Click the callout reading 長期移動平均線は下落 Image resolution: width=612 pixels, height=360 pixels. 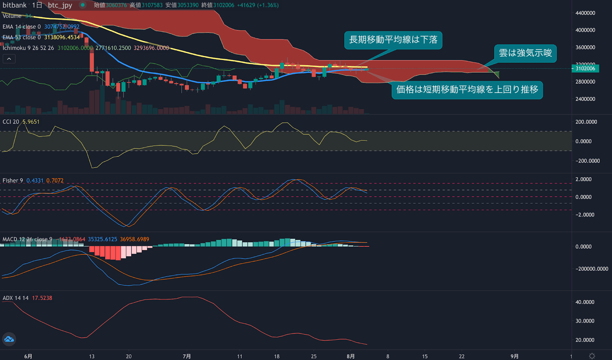(393, 40)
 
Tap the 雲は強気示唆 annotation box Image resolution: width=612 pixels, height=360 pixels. (525, 53)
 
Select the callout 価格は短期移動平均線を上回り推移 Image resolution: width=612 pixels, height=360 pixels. (467, 90)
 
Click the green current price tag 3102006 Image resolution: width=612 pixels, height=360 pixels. (585, 68)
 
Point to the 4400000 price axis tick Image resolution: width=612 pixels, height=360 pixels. (585, 13)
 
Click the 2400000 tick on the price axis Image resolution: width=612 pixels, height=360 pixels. (585, 99)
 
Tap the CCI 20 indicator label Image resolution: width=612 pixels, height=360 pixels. (11, 122)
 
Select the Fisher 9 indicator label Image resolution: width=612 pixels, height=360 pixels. (13, 181)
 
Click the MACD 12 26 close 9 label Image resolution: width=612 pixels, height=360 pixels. (27, 239)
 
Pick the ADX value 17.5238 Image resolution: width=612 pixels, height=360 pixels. (42, 298)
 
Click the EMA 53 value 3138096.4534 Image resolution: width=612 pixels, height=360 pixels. (62, 37)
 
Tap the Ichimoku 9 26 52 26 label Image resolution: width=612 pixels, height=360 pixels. (28, 48)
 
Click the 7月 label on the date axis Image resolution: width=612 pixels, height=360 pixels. (187, 356)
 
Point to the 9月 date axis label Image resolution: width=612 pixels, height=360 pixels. (514, 356)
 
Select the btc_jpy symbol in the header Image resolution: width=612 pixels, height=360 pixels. (60, 5)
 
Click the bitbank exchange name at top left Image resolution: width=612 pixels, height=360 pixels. (15, 5)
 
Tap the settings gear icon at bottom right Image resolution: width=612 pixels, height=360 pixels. (592, 356)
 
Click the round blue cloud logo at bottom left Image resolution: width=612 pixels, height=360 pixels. (9, 339)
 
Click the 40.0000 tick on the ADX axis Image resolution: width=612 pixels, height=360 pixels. (585, 302)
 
